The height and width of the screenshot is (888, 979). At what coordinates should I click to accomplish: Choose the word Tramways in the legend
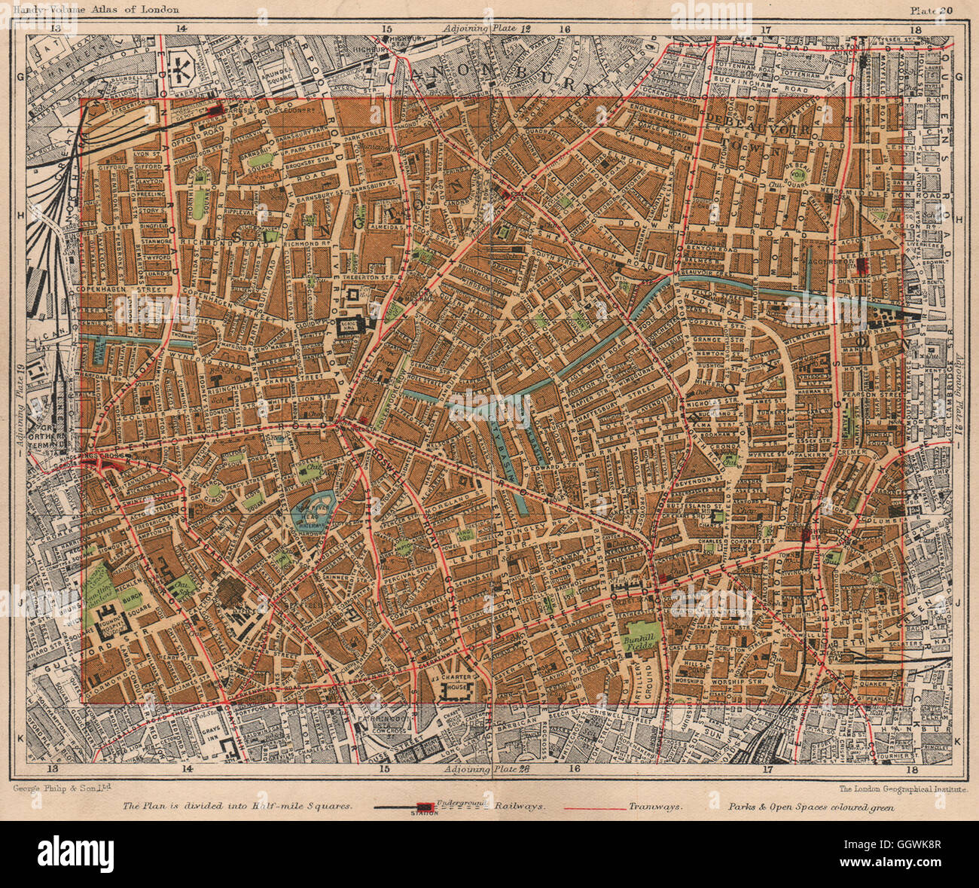655,805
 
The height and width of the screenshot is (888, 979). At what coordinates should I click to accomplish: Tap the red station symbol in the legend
425,806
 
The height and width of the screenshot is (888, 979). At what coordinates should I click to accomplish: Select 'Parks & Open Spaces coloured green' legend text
811,806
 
